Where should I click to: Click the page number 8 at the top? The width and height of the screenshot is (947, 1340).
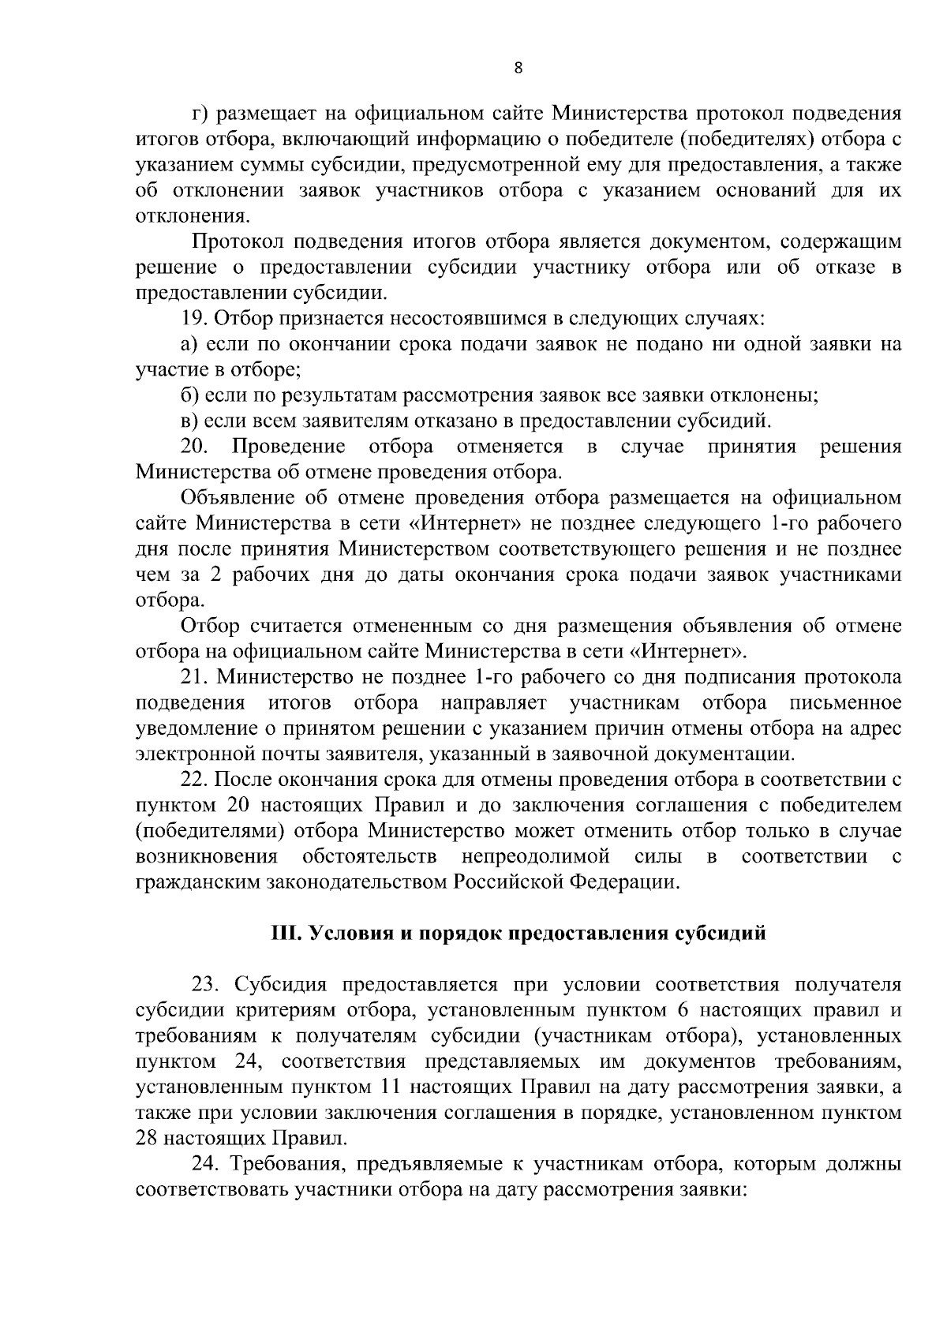coord(518,68)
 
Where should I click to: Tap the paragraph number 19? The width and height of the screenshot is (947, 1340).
coord(193,319)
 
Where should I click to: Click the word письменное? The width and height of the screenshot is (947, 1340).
coord(846,703)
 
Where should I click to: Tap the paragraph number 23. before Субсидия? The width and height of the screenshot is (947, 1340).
coord(206,985)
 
